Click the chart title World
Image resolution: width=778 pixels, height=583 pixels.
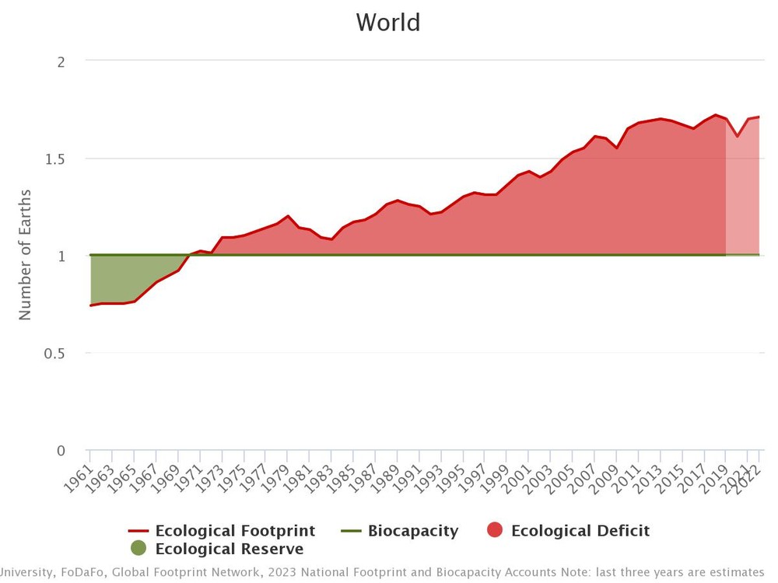[388, 22]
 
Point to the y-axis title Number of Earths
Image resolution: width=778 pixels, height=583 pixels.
[25, 254]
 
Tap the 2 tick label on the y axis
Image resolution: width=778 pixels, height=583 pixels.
[61, 61]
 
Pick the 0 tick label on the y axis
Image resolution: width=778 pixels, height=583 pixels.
[61, 450]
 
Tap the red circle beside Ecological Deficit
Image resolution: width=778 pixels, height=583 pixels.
[495, 531]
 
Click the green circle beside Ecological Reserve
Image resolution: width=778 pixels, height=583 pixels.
[138, 548]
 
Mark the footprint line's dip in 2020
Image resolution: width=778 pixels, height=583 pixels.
[737, 137]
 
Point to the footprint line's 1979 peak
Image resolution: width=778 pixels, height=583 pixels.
[288, 216]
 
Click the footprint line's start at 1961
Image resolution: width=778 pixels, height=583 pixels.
[90, 305]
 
